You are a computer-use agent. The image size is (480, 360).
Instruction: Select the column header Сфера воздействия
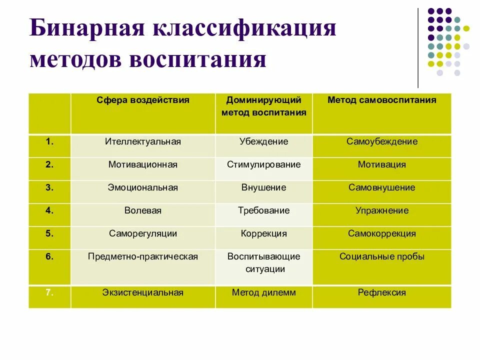[143, 100]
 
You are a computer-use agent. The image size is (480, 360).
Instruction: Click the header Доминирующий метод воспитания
[263, 106]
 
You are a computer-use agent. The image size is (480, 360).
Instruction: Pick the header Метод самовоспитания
[381, 100]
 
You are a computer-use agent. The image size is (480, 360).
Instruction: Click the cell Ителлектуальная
[143, 141]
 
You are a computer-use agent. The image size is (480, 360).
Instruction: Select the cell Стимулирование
[263, 164]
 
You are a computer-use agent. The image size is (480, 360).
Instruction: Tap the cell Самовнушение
[381, 187]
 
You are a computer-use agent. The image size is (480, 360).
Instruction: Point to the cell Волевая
[143, 210]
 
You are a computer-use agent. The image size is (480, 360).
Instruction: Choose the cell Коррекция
[263, 233]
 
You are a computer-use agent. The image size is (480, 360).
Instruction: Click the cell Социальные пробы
[381, 256]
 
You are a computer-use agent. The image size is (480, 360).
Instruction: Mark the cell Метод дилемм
[263, 292]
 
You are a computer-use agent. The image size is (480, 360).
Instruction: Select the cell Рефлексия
[381, 292]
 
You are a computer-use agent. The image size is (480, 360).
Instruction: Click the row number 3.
[49, 187]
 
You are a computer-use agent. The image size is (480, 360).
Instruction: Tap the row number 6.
[49, 256]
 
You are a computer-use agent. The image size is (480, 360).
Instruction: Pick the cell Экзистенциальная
[143, 292]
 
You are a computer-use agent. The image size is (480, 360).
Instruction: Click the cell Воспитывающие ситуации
[263, 263]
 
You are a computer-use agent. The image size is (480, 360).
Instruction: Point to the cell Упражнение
[381, 210]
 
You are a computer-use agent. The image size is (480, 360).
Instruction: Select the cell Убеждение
[263, 141]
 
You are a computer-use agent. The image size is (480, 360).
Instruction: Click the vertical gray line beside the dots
[418, 47]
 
